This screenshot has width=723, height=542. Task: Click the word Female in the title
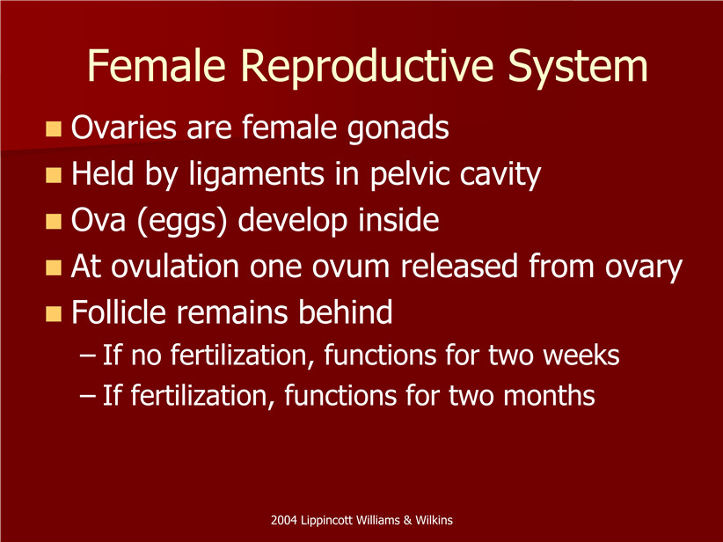157,65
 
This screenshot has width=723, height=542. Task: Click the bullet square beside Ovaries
54,128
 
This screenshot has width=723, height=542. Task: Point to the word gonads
398,128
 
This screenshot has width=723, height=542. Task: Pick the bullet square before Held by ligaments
54,175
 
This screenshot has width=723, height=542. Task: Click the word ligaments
257,175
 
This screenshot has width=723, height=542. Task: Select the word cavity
500,175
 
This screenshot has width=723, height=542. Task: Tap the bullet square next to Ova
54,222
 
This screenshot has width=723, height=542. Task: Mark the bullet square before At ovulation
54,267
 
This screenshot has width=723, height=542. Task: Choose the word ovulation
175,267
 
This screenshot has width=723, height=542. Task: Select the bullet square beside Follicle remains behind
54,314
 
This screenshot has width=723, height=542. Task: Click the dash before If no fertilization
88,356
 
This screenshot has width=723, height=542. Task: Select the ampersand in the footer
407,520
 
